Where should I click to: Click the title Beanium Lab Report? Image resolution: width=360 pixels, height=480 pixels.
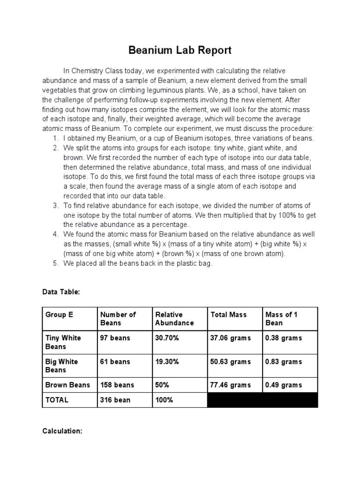click(x=180, y=50)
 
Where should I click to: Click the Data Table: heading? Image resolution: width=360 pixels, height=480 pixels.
click(x=61, y=292)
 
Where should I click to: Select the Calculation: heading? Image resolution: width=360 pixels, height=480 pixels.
click(x=62, y=431)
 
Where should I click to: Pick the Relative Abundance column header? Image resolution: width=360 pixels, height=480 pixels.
click(x=169, y=319)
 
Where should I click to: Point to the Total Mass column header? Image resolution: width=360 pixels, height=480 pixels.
click(x=228, y=315)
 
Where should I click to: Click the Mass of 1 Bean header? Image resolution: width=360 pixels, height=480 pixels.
click(x=281, y=319)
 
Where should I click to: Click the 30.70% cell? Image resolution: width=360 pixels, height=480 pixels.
click(x=167, y=338)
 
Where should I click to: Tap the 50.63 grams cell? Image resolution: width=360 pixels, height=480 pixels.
click(x=231, y=362)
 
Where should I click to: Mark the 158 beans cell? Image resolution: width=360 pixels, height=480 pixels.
click(x=117, y=385)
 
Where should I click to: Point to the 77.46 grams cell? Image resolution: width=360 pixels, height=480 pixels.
click(x=231, y=385)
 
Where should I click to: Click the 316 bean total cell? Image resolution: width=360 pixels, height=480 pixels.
click(x=115, y=400)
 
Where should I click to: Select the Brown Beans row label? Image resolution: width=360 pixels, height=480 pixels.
click(x=67, y=385)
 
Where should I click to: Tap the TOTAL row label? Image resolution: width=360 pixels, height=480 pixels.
click(x=57, y=400)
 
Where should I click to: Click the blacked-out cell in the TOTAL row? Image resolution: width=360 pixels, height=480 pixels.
click(x=262, y=400)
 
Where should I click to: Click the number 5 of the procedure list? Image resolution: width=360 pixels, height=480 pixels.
click(x=55, y=263)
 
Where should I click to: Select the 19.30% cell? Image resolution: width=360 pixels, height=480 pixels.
click(x=167, y=362)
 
